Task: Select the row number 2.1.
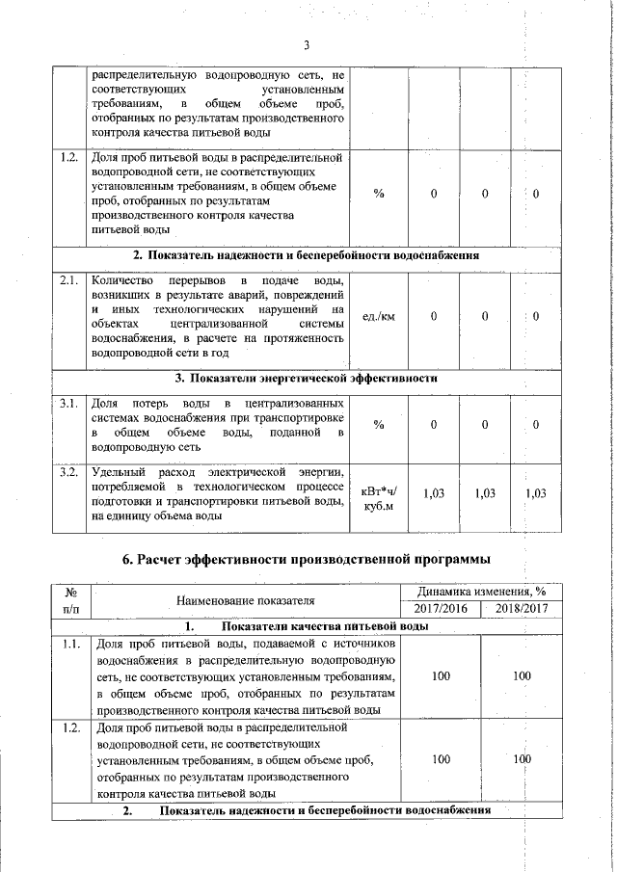pos(68,279)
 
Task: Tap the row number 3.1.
pos(68,403)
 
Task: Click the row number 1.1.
pos(70,643)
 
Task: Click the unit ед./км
pos(378,316)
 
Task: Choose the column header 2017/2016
pos(440,609)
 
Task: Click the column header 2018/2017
pos(522,609)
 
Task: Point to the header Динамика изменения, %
pos(480,592)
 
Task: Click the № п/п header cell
pos(70,600)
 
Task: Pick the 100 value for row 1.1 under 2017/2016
pos(440,676)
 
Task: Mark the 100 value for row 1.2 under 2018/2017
pos(522,759)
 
